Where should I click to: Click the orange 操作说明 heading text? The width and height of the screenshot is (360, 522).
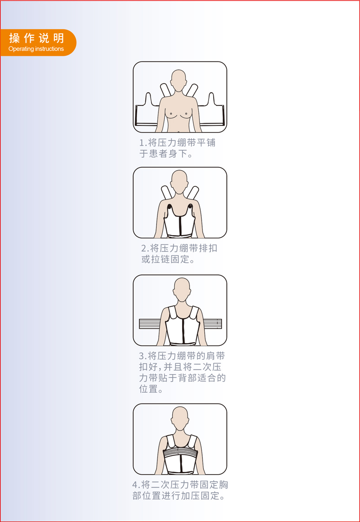pos(37,38)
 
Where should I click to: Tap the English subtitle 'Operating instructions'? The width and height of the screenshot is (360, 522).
pos(36,49)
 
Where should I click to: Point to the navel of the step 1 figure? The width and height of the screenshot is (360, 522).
pos(180,130)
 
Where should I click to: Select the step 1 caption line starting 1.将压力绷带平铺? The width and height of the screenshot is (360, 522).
pos(177,143)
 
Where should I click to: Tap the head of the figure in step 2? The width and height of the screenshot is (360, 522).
pos(179,181)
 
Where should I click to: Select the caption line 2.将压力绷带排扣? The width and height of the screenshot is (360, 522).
pos(179,248)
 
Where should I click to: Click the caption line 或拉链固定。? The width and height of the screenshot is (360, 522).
pos(168,259)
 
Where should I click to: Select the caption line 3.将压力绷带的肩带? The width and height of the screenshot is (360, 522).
pos(182,356)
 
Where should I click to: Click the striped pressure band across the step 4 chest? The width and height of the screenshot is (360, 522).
pos(180,453)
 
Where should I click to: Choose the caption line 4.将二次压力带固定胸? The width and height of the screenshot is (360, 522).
pos(180,485)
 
